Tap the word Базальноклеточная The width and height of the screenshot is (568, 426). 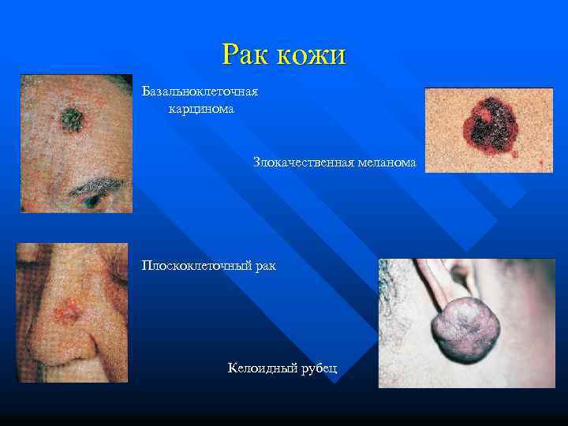[x=200, y=92]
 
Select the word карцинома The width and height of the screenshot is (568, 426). [x=201, y=108]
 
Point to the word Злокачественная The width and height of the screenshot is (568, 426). [x=301, y=163]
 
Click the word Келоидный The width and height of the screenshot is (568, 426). [x=260, y=368]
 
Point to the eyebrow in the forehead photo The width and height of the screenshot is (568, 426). [x=95, y=188]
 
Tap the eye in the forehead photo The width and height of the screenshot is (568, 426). [x=93, y=203]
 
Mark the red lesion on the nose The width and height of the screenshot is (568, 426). [x=64, y=312]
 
